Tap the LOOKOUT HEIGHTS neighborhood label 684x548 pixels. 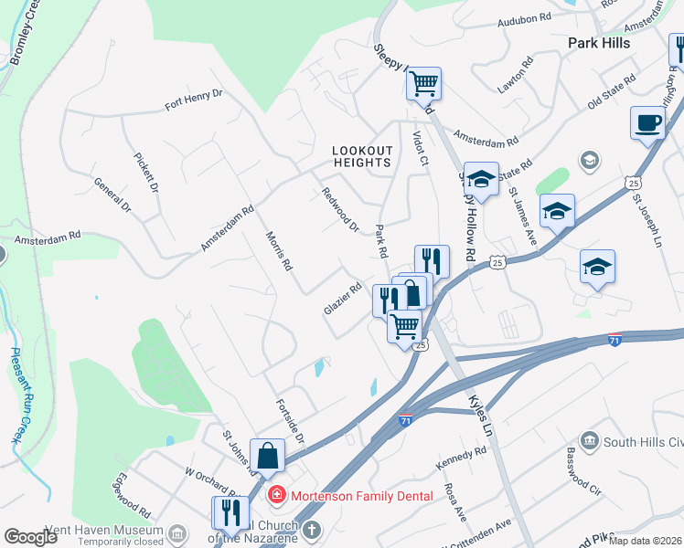362,156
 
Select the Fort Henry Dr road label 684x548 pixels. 193,100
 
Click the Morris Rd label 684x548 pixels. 278,251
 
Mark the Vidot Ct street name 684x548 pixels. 421,146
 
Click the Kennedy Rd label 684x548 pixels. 461,455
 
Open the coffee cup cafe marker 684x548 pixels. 647,123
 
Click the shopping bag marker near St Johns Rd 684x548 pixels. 267,455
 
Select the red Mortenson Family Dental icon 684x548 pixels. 274,496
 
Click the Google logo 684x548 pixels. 32,536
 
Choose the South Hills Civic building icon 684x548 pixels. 589,442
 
